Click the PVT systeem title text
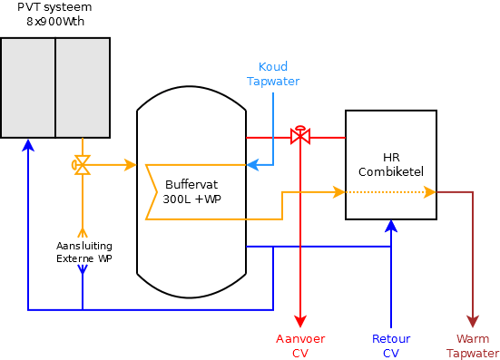54,7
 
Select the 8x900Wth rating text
54,21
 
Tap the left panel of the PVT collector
28,87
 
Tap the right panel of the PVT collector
83,87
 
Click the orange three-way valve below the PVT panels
82,165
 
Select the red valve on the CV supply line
300,137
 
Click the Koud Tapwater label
273,74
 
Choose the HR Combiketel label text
391,164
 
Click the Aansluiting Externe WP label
83,252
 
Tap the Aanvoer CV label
300,345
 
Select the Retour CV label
391,345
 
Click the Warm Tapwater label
473,345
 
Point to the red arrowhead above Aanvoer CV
300,322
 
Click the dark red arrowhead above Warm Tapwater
473,322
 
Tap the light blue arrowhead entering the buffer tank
252,165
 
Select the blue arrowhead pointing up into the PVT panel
28,143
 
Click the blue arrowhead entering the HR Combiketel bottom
391,225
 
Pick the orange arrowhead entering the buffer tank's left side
131,165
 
